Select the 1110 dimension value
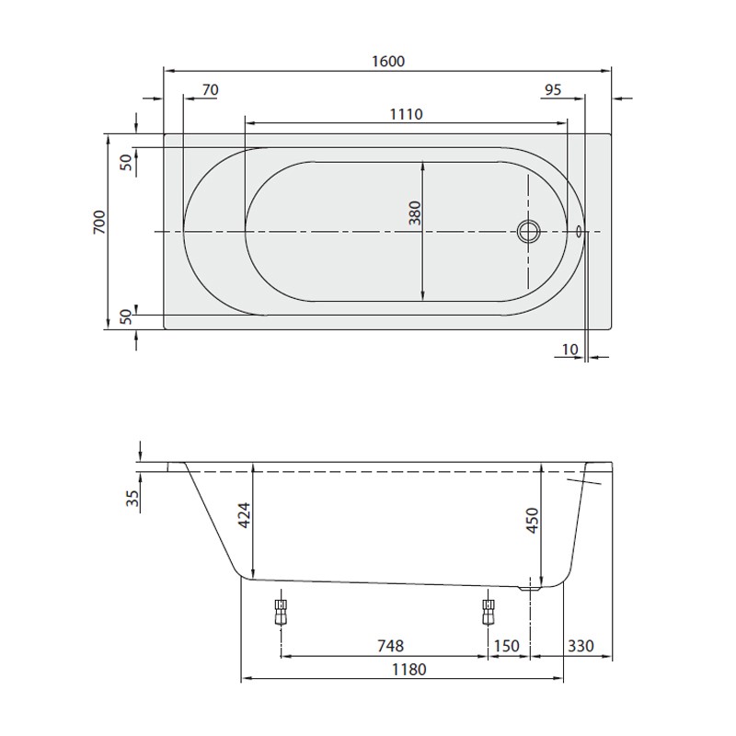(406, 114)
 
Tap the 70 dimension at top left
(210, 89)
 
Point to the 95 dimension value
(553, 89)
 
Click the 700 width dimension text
(99, 224)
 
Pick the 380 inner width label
(414, 213)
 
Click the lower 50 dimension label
(126, 316)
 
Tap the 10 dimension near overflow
(569, 349)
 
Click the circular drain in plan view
(529, 230)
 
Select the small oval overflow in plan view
(581, 231)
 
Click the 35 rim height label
(132, 499)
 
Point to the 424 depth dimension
(244, 520)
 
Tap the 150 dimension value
(506, 647)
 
